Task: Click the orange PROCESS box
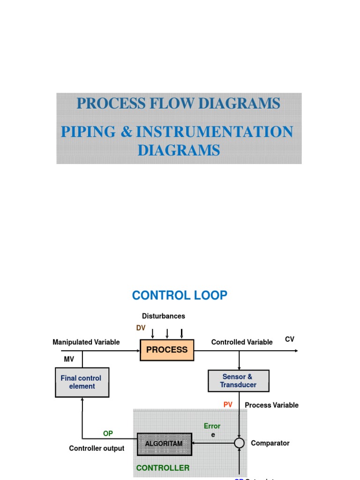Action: coord(167,350)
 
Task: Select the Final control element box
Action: coord(82,382)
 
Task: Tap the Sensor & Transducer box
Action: coord(238,381)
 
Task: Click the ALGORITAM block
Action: coord(164,443)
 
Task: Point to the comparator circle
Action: coord(240,443)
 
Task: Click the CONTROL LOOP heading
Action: coord(180,295)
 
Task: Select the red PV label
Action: coord(228,405)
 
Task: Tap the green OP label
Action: coord(108,434)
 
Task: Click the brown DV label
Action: coord(141,328)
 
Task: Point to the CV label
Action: coord(290,339)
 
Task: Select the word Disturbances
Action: coord(164,316)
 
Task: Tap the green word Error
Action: coord(212,426)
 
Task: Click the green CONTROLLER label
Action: coord(163,468)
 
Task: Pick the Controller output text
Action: coord(97,449)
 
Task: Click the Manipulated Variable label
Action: coord(86,342)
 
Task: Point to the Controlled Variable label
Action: coord(241,342)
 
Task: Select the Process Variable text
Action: coord(271,405)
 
